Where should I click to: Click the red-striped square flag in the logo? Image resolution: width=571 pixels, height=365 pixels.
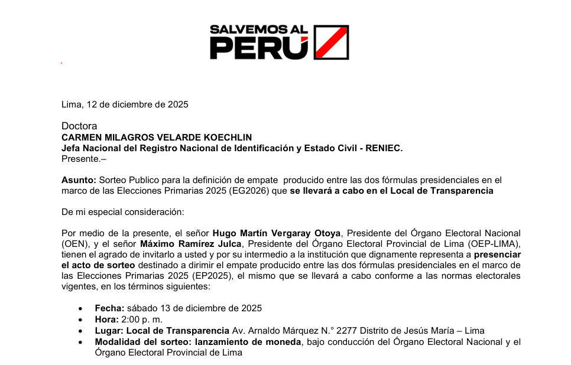(x=330, y=42)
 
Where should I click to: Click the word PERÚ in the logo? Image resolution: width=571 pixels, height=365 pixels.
(x=259, y=48)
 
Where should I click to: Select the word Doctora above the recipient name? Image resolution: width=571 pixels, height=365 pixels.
(x=79, y=126)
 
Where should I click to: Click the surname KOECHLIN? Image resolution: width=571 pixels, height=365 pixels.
(x=227, y=137)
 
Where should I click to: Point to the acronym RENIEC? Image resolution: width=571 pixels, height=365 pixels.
(x=383, y=148)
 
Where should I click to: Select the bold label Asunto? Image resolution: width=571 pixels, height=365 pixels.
(x=79, y=180)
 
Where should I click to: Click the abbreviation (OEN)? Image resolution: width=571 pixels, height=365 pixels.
(x=74, y=244)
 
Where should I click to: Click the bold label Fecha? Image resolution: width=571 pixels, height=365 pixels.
(x=109, y=308)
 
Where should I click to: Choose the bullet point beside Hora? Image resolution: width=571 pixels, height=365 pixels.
(x=81, y=320)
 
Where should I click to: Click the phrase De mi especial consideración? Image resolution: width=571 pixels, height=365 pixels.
(x=123, y=211)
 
